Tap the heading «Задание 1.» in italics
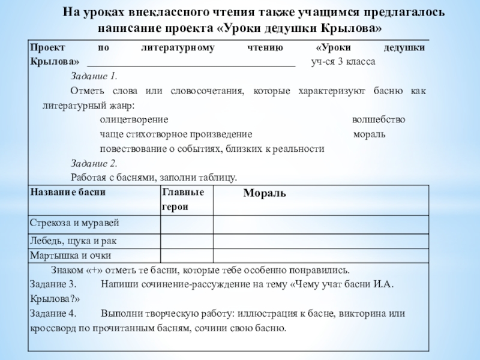94,76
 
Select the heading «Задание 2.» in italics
94,163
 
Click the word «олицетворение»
134,119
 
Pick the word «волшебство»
378,119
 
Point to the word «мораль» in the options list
370,134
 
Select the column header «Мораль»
264,193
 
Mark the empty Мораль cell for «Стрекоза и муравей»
320,224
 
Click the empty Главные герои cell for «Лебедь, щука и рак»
186,241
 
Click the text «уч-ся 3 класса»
343,62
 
